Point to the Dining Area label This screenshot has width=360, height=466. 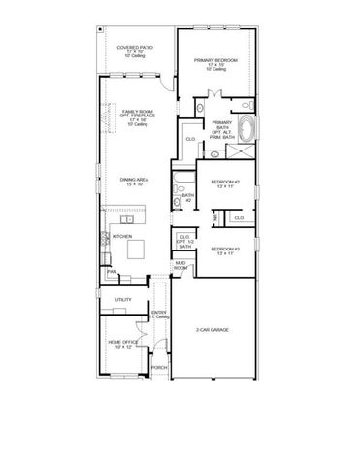(x=134, y=181)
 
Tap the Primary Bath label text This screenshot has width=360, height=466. (x=222, y=129)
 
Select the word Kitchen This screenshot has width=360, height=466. (x=121, y=236)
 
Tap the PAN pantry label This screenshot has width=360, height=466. (x=112, y=272)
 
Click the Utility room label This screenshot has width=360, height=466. (x=123, y=300)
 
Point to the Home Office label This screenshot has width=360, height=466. (x=122, y=344)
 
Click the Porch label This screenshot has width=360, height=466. (x=159, y=369)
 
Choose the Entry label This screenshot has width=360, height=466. (x=160, y=315)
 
